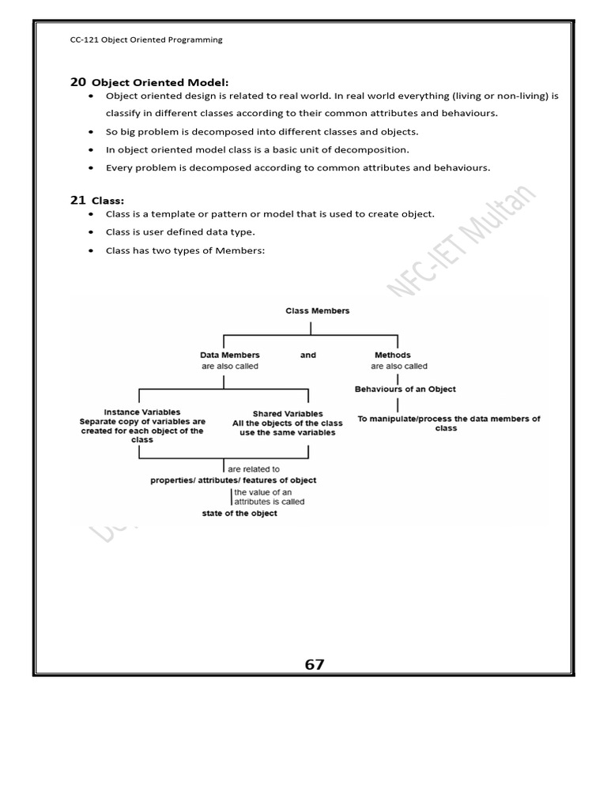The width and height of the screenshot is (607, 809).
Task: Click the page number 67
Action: [315, 665]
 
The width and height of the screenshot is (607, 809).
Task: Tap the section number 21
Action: [77, 201]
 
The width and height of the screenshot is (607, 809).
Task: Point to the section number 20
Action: [77, 81]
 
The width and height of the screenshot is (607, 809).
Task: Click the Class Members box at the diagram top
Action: [317, 311]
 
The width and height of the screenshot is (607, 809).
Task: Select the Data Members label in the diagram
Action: [230, 356]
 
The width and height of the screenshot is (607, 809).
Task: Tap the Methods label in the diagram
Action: [392, 356]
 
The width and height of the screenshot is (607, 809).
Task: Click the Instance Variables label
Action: [142, 412]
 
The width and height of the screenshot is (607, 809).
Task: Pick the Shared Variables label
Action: [288, 414]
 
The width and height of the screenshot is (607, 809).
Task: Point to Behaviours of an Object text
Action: [405, 389]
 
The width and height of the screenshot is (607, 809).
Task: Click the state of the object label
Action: [239, 514]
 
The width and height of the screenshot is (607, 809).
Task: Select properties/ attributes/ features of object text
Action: [233, 480]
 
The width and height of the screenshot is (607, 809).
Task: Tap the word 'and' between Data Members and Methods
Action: [308, 356]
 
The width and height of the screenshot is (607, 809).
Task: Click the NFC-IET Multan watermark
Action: [462, 242]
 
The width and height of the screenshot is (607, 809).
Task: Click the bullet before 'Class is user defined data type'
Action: [92, 232]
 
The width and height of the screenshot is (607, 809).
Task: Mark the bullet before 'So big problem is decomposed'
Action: [92, 132]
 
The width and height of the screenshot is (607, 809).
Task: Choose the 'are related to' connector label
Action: [254, 469]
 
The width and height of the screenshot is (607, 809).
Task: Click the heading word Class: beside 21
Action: [108, 201]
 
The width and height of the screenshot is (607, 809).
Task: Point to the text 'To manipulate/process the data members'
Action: [448, 419]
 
